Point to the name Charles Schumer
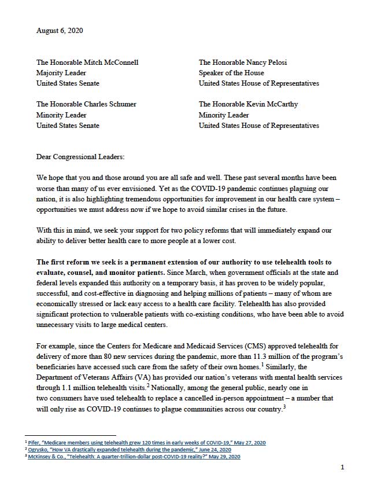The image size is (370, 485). point(108,105)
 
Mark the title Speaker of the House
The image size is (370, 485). point(231,72)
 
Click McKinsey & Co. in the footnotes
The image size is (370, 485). point(49,457)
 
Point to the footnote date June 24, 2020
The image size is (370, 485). point(212,450)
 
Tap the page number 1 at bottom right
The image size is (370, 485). point(342,468)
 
